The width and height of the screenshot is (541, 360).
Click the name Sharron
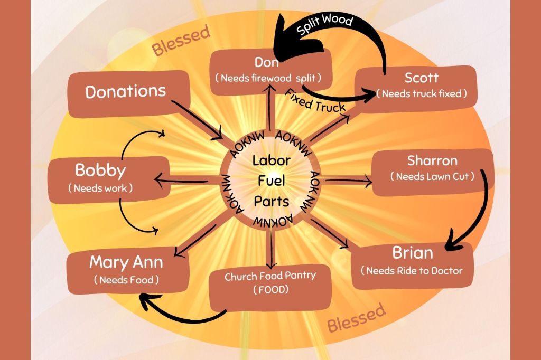(432, 160)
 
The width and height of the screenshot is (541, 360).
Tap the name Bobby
(100, 171)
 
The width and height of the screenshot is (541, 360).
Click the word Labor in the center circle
(270, 161)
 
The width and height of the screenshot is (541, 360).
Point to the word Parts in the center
(271, 202)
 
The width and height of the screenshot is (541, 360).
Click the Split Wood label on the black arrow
(324, 26)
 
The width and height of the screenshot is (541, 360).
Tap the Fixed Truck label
(316, 101)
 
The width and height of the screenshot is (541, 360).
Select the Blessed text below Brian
(356, 318)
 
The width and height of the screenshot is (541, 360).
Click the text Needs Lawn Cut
(432, 176)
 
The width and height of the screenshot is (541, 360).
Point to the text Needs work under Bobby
(100, 188)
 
